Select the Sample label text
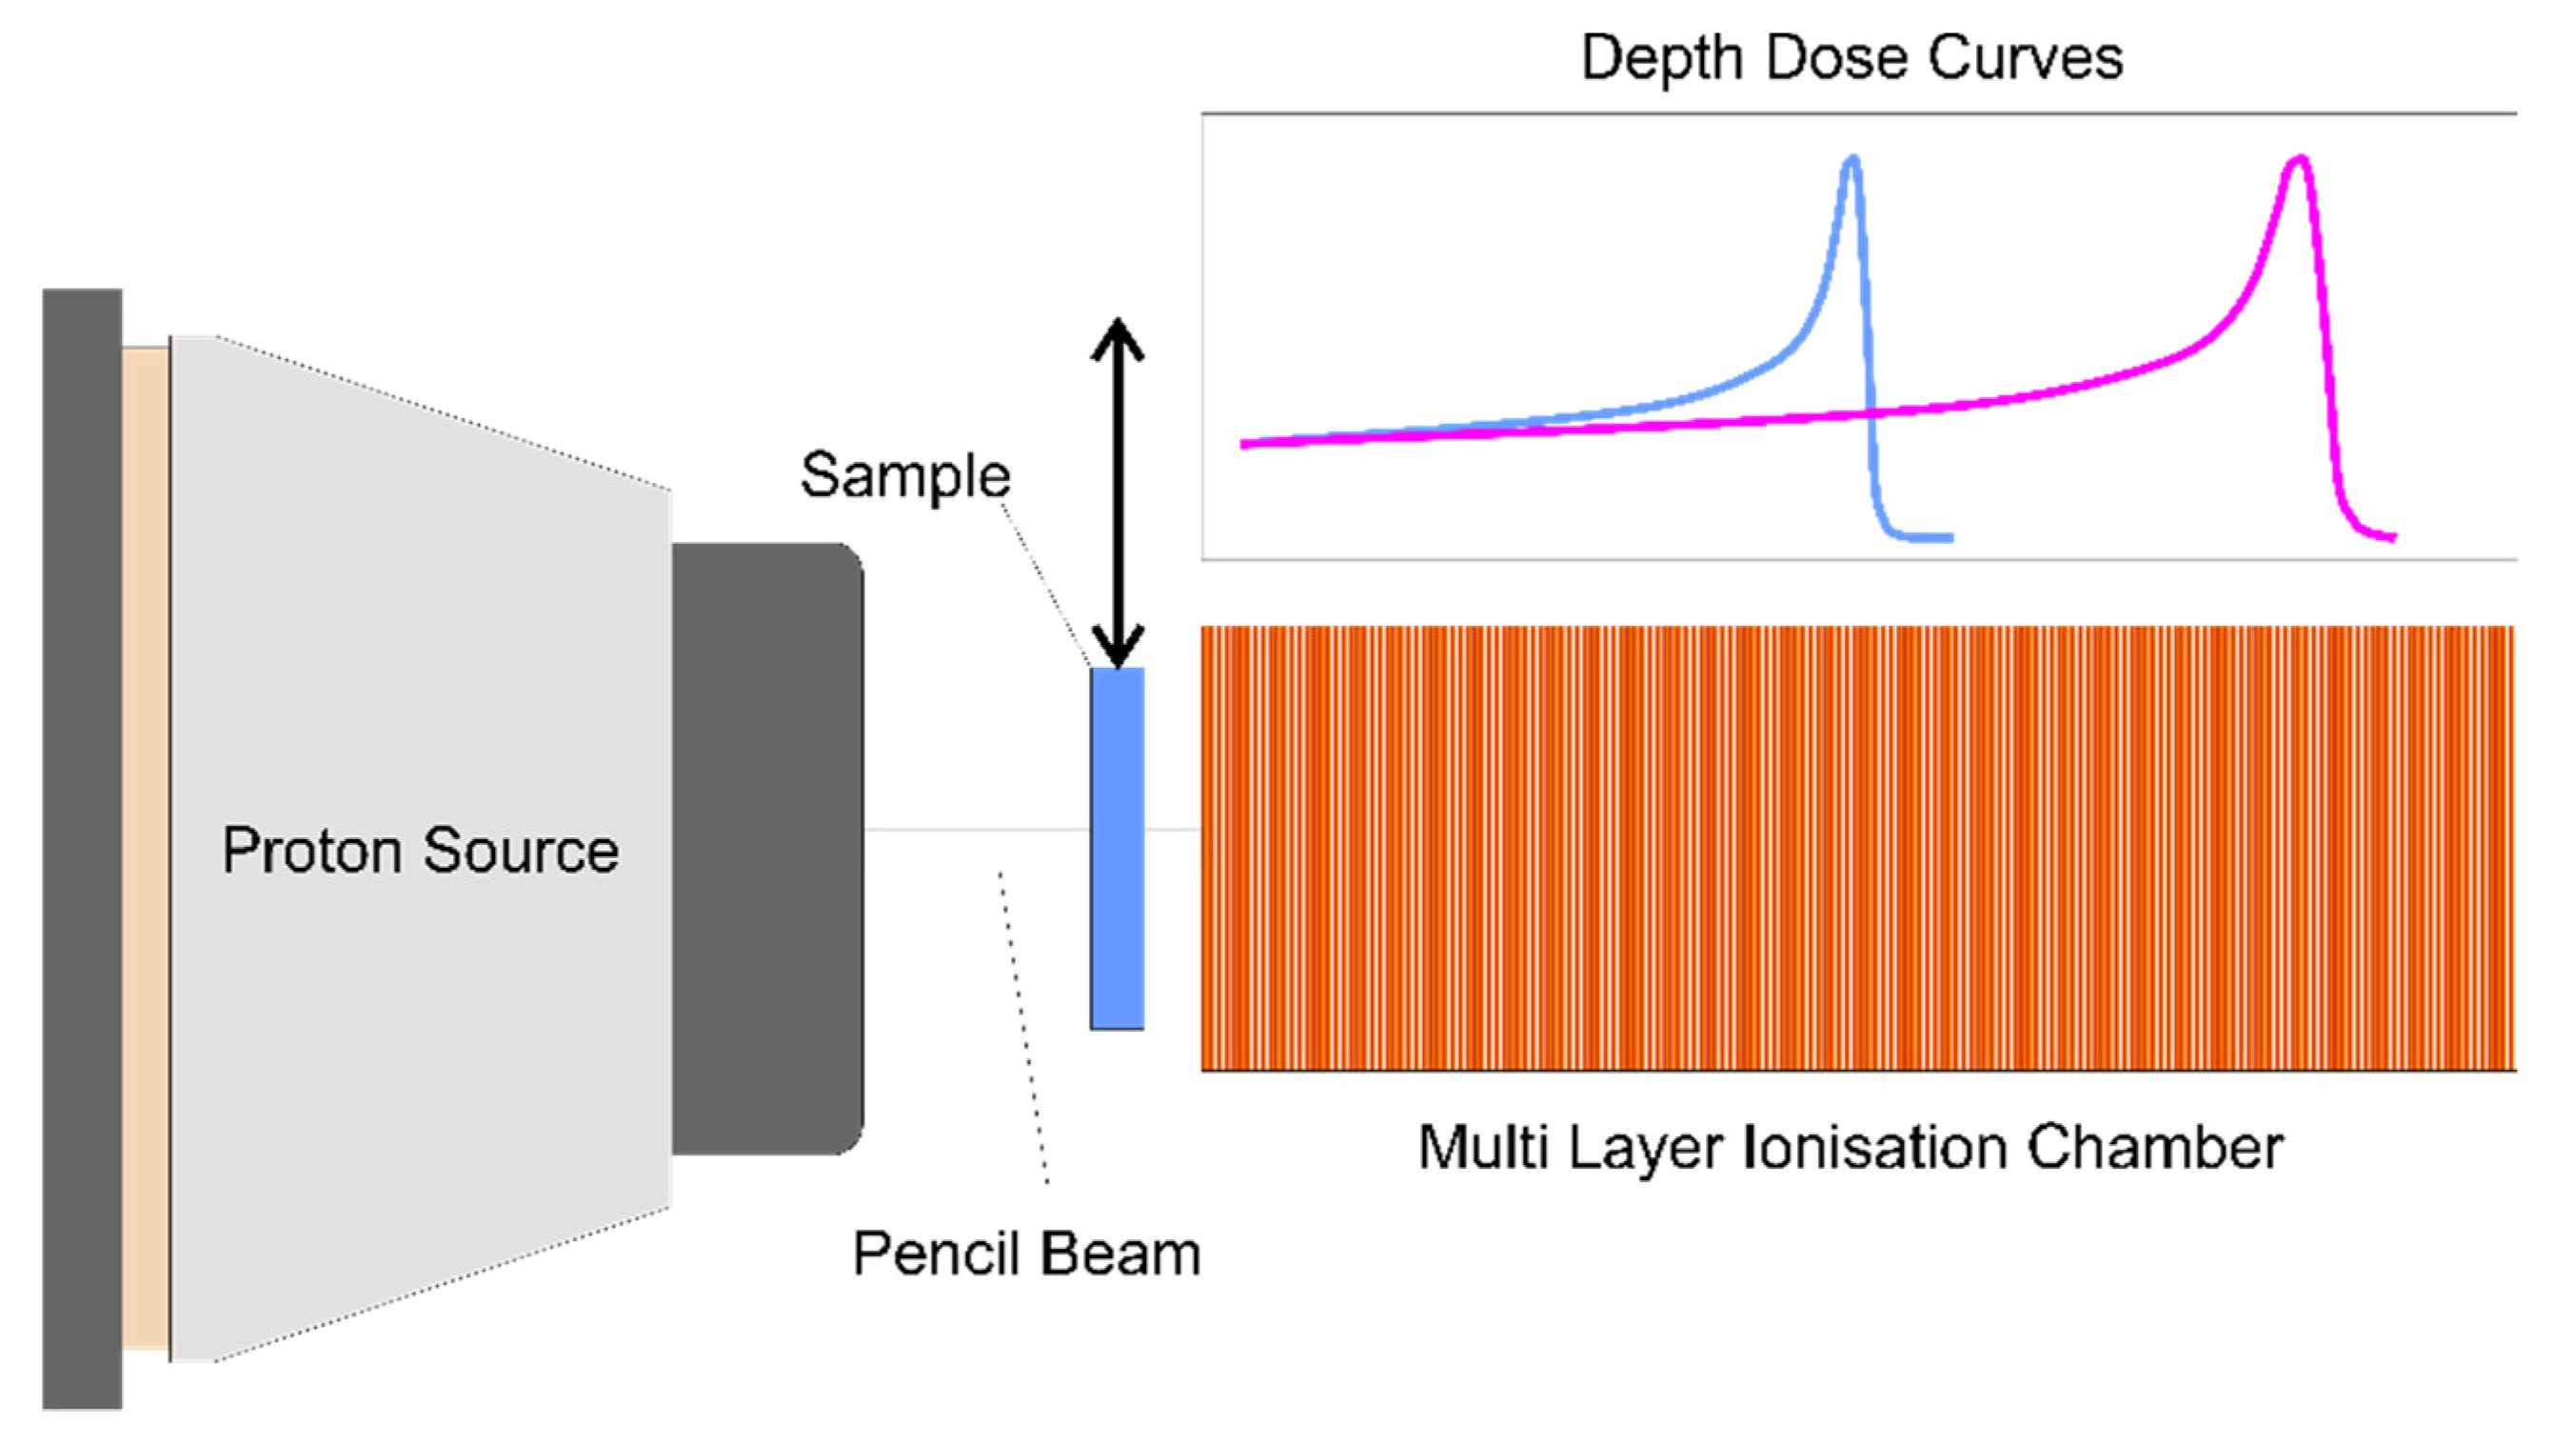pyautogui.click(x=905, y=475)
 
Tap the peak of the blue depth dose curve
pyautogui.click(x=1852, y=160)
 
